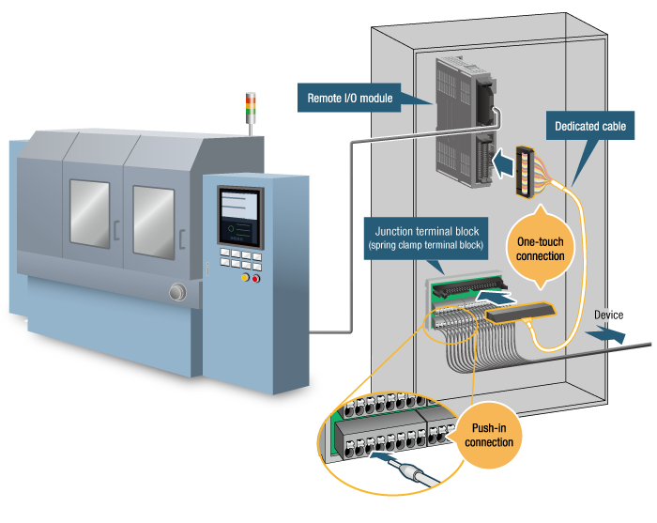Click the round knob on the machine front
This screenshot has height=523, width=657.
(176, 294)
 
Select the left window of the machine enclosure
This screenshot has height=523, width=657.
(89, 215)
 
